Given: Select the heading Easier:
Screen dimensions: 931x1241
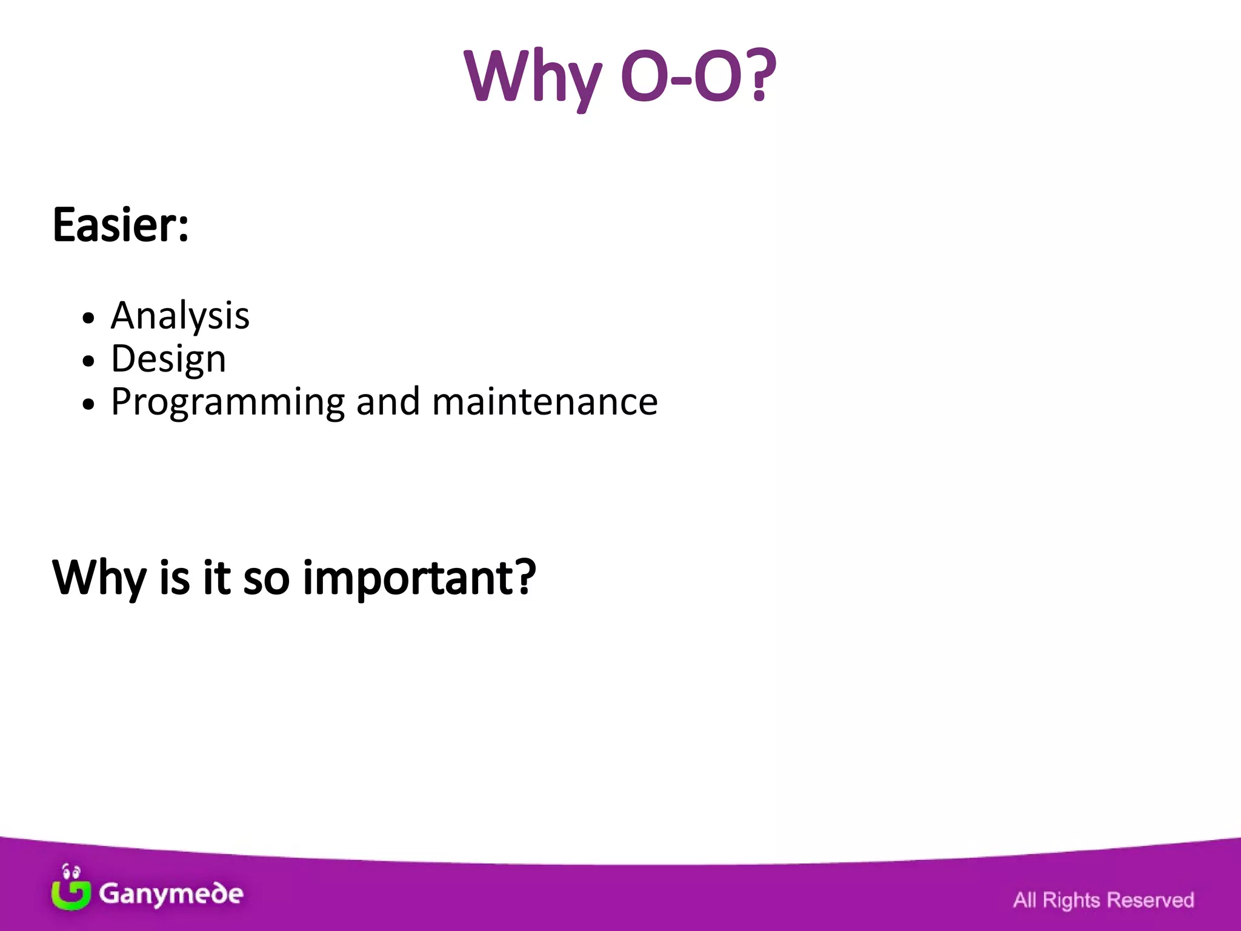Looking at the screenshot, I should pos(121,225).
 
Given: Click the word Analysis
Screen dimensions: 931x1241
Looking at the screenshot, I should pos(180,316).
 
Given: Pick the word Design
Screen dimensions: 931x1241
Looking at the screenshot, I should pos(168,359).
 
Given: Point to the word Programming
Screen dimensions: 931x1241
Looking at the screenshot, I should pos(228,402).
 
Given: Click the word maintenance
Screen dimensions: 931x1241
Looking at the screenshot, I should pos(545,402).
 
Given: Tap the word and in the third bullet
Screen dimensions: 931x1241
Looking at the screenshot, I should pos(388,402).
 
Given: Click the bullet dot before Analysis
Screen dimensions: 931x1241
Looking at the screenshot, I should pos(89,318).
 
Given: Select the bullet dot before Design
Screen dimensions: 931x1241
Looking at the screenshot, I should pos(89,361).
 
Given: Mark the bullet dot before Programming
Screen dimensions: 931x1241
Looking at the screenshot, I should pos(89,404).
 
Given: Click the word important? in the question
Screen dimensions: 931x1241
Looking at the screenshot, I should pos(419,578).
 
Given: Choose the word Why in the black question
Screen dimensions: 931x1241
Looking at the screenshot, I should pos(99,578).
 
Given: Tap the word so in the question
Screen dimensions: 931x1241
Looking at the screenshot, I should pos(266,578).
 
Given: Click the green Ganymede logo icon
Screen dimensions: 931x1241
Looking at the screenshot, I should pos(71,888).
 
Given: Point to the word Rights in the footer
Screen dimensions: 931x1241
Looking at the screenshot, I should pos(1071,900).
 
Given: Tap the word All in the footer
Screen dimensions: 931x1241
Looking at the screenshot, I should pos(1025,900).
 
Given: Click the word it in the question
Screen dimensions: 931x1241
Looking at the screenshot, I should pos(216,578).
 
